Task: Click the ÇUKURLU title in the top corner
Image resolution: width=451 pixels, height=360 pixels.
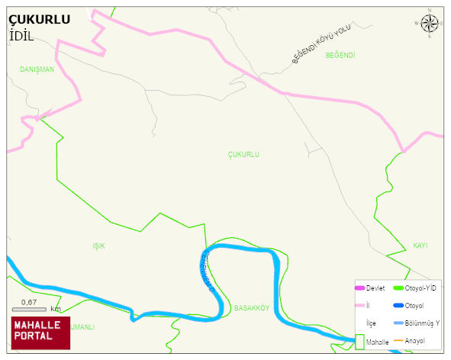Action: (x=39, y=20)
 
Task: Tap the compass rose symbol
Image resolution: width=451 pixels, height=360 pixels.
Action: (x=430, y=24)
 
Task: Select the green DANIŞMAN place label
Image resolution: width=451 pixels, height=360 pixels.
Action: (x=37, y=69)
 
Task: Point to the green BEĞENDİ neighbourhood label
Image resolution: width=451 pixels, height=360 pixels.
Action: (x=340, y=55)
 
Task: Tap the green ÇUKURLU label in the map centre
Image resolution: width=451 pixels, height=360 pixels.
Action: (x=243, y=154)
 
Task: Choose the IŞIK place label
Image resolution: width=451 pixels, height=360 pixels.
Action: (x=98, y=246)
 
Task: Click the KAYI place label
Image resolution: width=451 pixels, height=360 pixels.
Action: (x=420, y=246)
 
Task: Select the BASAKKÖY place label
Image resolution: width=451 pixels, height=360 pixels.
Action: (x=252, y=308)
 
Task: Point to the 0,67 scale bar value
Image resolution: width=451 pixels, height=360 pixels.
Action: (x=29, y=302)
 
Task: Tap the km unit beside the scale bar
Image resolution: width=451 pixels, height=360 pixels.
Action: (x=55, y=309)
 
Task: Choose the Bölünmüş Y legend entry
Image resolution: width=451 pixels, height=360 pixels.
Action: (x=422, y=323)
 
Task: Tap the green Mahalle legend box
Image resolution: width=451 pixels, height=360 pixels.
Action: (x=360, y=342)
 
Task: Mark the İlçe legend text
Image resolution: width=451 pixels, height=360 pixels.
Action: (x=371, y=323)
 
